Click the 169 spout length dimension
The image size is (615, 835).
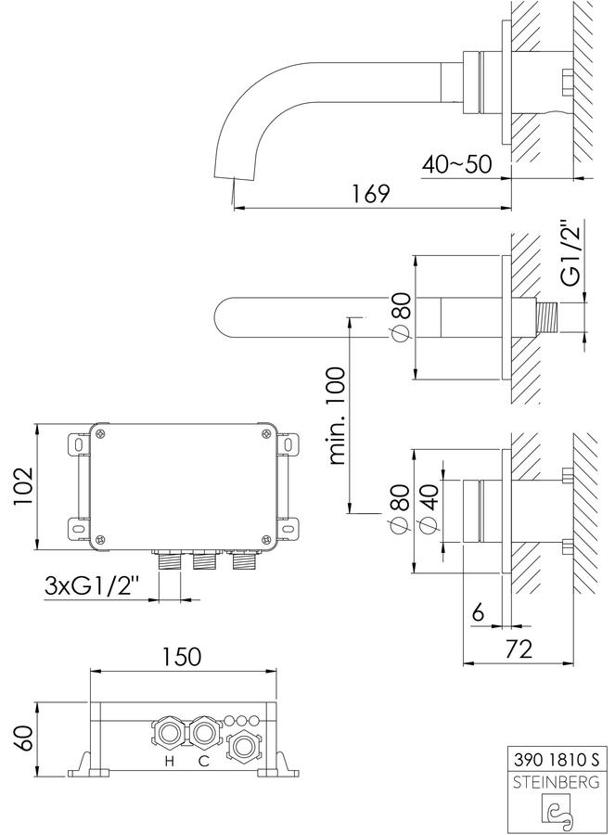[x=370, y=193]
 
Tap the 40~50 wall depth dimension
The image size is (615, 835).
[x=457, y=164]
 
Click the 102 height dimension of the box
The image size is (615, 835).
[x=23, y=487]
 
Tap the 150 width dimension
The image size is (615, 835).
[x=181, y=656]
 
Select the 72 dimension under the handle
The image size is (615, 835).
[x=518, y=649]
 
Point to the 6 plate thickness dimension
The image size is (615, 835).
[x=478, y=613]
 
